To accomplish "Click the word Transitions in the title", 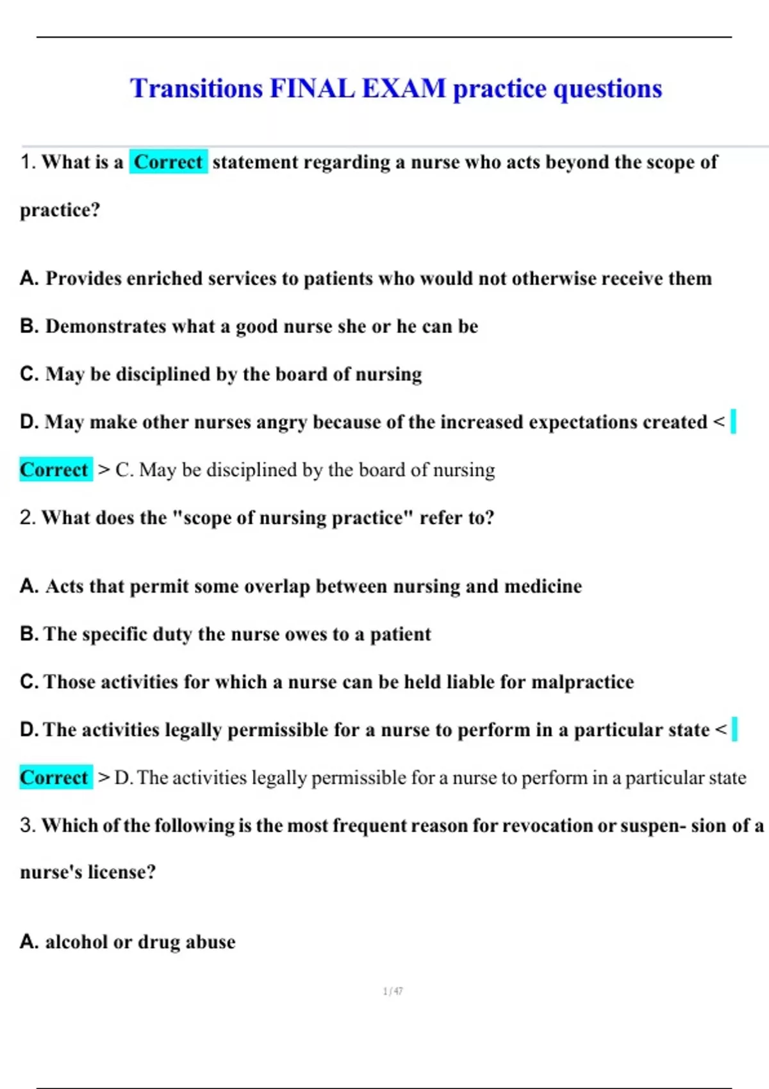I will point(196,88).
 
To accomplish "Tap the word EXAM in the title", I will point(404,88).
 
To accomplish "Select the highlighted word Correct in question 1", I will point(168,162).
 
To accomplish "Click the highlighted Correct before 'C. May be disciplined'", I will point(54,470).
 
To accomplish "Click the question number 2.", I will point(27,518).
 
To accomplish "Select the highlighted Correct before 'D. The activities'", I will point(54,777).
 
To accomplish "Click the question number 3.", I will point(27,825).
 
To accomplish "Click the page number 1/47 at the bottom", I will point(393,991).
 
